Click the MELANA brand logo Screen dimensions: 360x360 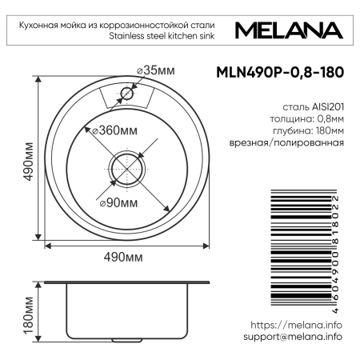click(290, 31)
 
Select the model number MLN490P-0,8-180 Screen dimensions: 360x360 click(281, 71)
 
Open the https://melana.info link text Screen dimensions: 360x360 click(296, 325)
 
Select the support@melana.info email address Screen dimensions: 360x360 click(292, 337)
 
